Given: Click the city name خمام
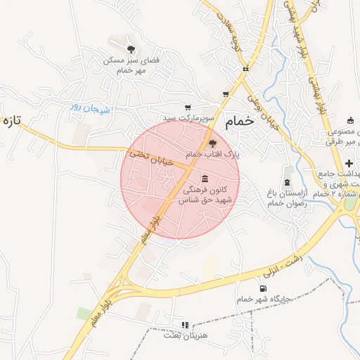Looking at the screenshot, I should [x=239, y=122].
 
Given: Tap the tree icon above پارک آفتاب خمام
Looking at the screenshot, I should [x=214, y=143].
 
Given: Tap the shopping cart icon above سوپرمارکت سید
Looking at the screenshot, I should [x=187, y=107].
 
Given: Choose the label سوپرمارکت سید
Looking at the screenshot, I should [x=186, y=117].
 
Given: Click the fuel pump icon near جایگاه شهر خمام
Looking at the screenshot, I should [x=263, y=288].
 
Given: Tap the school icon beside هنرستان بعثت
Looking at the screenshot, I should [x=185, y=325].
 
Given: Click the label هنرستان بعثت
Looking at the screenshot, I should [x=185, y=335].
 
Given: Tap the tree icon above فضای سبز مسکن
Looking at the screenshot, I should [x=131, y=49].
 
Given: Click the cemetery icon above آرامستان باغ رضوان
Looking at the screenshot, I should [x=287, y=172].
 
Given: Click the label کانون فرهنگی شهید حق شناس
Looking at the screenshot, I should [x=207, y=195].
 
